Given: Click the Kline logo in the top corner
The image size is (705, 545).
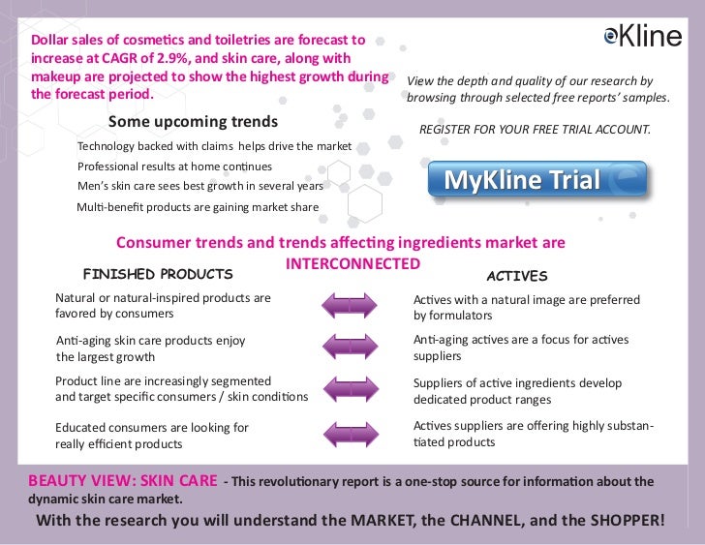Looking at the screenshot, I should (642, 36).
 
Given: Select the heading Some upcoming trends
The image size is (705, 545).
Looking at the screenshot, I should (193, 122).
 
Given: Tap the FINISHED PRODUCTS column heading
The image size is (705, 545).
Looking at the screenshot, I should (158, 274).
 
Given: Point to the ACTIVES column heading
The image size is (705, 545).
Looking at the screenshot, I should (516, 276).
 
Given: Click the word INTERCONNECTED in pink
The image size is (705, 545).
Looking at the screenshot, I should (353, 263).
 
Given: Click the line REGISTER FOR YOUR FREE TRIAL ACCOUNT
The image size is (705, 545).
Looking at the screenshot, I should (534, 130).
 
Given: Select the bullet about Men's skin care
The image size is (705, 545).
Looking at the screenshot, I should (199, 185).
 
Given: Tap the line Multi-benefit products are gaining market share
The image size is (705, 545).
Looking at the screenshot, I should (197, 207).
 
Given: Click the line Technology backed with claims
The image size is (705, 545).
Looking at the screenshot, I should (214, 146).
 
